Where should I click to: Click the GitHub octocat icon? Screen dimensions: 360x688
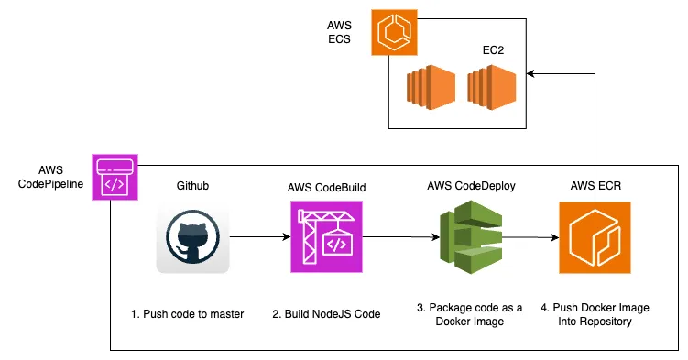(x=192, y=237)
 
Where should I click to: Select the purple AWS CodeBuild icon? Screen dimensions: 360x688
(x=326, y=237)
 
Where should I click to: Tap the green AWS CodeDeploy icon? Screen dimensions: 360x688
(x=470, y=239)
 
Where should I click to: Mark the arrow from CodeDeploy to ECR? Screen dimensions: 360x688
(x=530, y=238)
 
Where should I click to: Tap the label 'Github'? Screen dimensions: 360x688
(x=192, y=186)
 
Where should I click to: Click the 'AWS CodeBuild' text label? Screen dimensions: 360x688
(x=327, y=187)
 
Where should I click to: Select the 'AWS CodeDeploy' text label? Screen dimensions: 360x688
(x=471, y=186)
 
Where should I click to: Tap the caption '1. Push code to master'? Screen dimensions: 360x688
(x=187, y=314)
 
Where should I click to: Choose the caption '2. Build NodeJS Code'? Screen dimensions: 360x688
(x=326, y=314)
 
